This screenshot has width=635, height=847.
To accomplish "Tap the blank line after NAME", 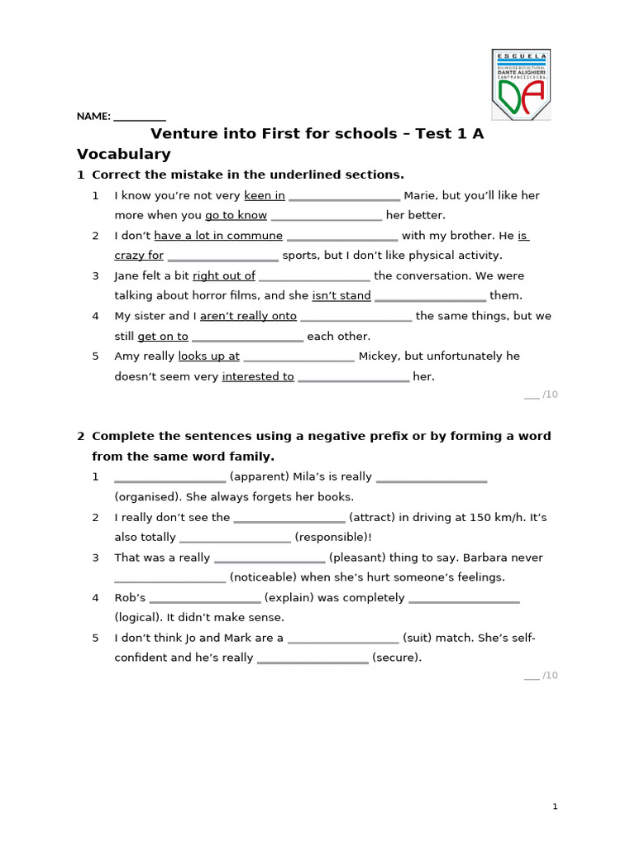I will click(139, 117).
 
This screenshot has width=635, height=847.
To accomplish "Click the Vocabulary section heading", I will click(123, 154).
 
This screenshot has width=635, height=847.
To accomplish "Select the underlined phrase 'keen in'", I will click(265, 196).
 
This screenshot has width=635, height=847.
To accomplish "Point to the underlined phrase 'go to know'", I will click(236, 216).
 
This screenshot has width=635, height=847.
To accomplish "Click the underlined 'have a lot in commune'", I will click(218, 236).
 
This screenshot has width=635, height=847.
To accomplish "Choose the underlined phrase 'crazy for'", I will click(139, 256).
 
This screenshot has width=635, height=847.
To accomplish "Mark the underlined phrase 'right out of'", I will click(224, 276).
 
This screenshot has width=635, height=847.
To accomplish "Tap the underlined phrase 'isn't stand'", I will click(341, 296).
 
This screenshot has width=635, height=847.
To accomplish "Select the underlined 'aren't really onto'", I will click(248, 316).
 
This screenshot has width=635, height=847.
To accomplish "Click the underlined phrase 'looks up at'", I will click(208, 357).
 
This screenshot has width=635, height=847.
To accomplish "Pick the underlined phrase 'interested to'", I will click(258, 376).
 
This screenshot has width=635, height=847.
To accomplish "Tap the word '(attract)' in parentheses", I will click(371, 518).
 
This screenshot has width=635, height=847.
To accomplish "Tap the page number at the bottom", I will click(556, 807).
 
